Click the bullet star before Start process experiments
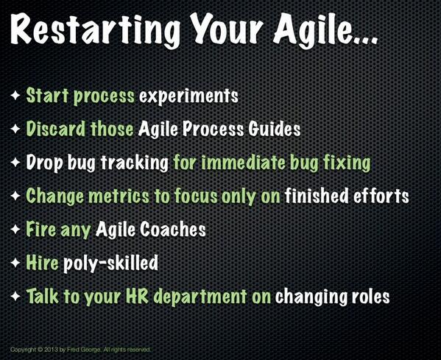click(x=15, y=96)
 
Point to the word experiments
click(x=198, y=96)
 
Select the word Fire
click(x=41, y=230)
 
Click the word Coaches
click(x=177, y=230)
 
